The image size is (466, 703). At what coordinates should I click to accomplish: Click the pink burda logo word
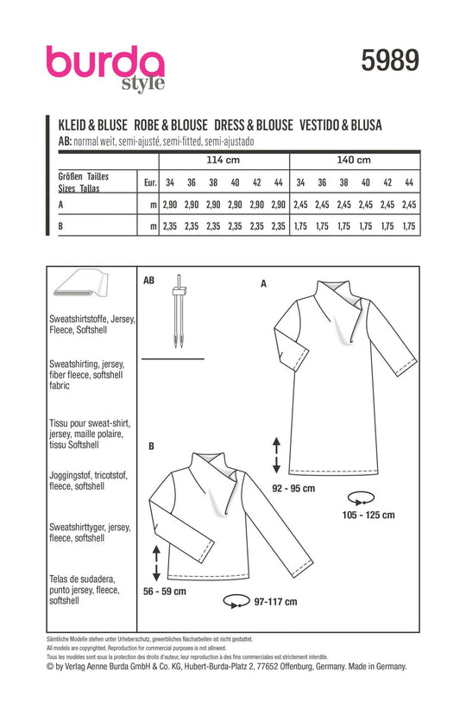(x=105, y=63)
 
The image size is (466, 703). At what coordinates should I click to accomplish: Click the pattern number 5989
(x=390, y=60)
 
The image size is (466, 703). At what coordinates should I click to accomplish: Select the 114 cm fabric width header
(x=224, y=160)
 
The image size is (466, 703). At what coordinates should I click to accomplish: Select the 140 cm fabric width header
(x=354, y=160)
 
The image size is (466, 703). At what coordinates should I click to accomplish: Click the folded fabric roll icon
(x=80, y=283)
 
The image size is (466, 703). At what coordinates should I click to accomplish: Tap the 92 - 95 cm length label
(x=293, y=488)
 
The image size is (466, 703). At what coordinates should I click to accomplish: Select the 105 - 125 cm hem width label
(x=368, y=515)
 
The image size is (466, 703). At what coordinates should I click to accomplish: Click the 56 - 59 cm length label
(x=165, y=592)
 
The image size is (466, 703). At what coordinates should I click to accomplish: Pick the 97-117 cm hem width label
(x=275, y=602)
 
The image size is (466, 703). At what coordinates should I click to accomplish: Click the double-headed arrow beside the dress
(x=276, y=455)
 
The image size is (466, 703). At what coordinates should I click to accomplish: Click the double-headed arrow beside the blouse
(x=156, y=563)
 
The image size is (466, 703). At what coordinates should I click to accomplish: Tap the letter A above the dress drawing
(x=263, y=283)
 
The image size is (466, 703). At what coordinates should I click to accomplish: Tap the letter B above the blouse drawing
(x=152, y=446)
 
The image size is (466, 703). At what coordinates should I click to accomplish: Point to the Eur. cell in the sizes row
(x=150, y=183)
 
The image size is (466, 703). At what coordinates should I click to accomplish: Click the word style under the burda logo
(x=143, y=84)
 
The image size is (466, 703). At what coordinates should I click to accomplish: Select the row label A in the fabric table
(x=61, y=205)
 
